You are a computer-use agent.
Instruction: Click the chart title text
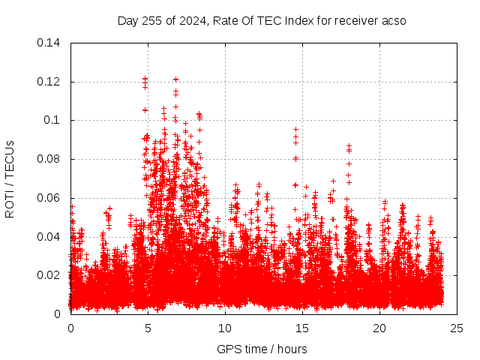pos(262,20)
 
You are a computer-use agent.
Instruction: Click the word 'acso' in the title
pos(393,20)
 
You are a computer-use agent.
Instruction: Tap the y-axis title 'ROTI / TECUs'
pos(10,178)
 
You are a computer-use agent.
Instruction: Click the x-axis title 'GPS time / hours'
pos(262,349)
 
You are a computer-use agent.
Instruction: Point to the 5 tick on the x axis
pos(148,328)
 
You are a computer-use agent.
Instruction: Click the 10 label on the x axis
pos(225,328)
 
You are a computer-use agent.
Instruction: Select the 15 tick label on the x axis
pos(302,328)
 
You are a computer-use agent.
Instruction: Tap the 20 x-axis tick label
pos(379,328)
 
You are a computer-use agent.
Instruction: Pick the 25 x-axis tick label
pos(457,328)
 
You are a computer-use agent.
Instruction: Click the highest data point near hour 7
pos(175,79)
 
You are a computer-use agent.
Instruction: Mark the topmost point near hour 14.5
pos(295,129)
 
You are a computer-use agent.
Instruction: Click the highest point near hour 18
pos(349,146)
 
